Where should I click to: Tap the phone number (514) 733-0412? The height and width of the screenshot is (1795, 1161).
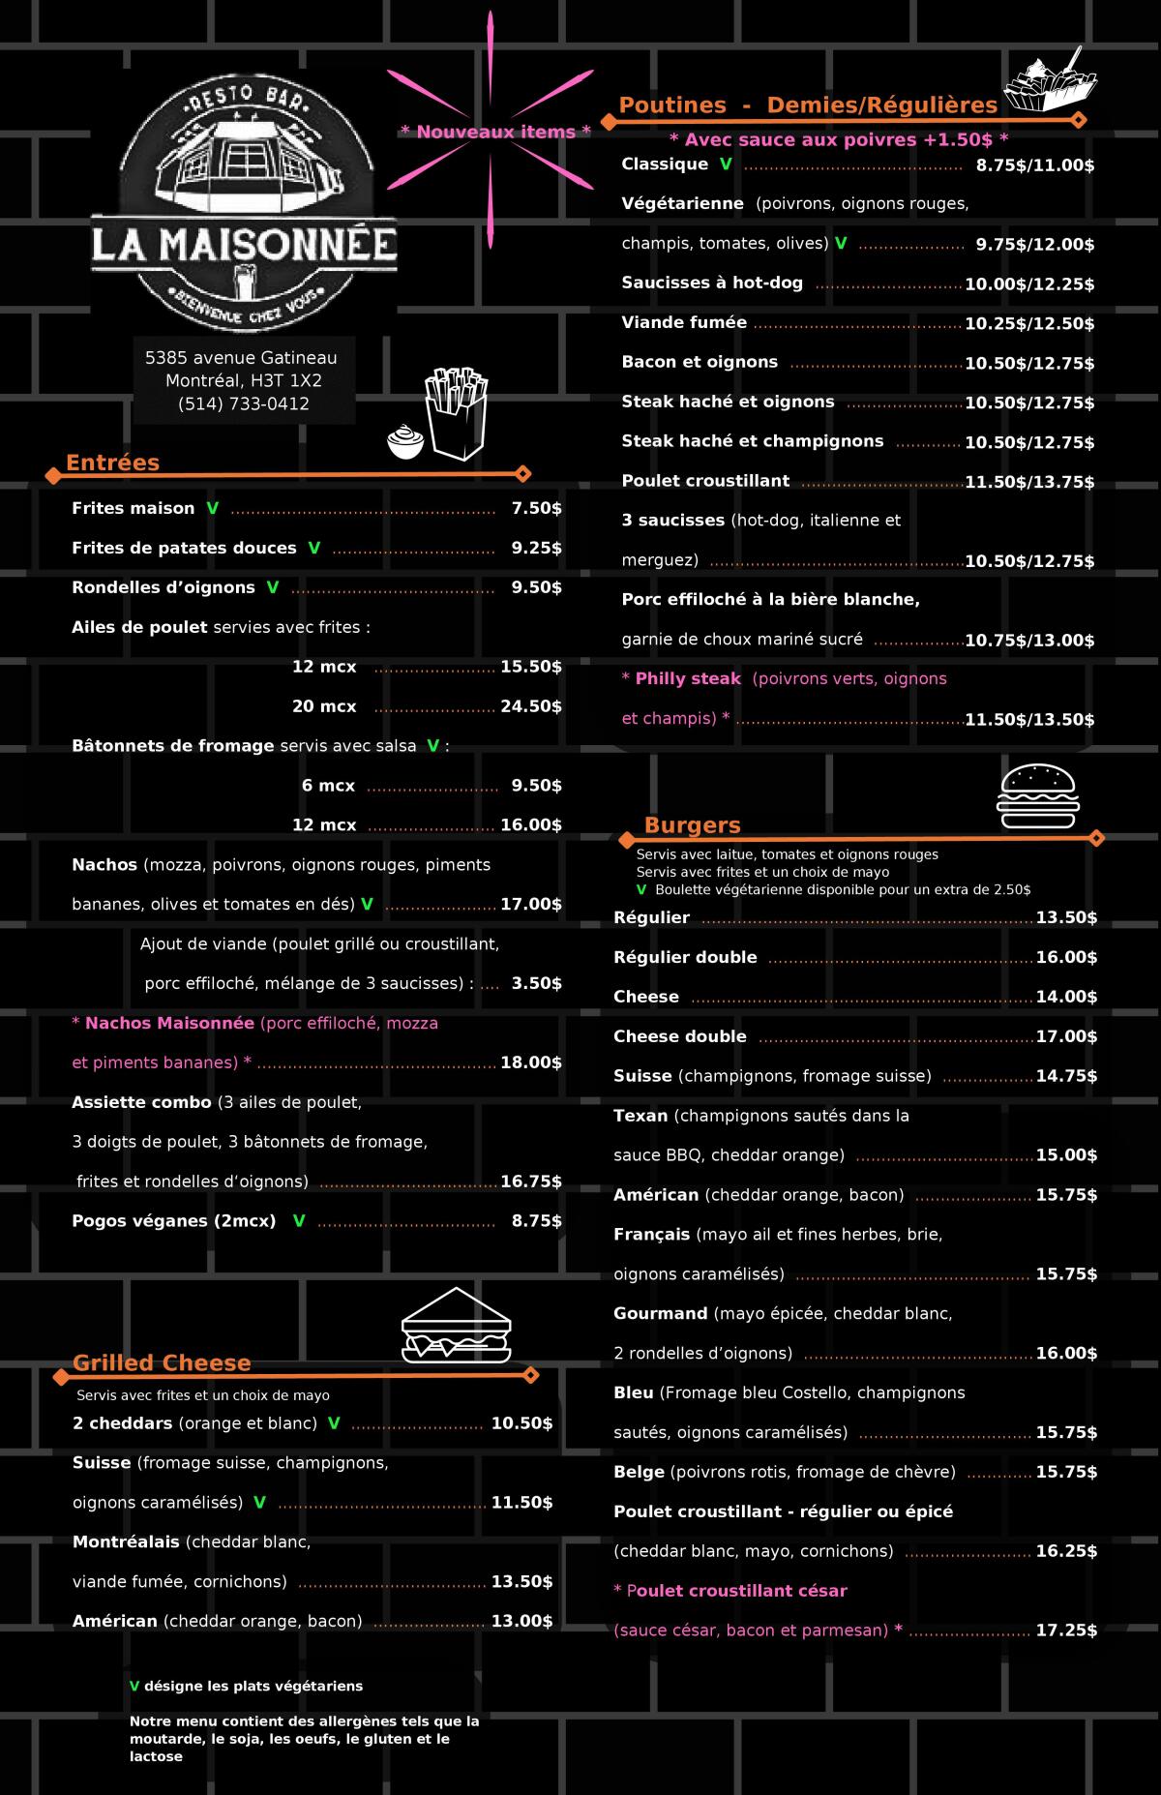click(244, 404)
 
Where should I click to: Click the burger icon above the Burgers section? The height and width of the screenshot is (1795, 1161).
click(1038, 796)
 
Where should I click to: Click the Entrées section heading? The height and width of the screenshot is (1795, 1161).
click(112, 463)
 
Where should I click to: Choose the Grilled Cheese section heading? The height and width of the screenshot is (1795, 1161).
click(162, 1362)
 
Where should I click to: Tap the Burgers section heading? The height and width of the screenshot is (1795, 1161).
click(693, 825)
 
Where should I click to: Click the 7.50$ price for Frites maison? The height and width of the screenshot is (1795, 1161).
click(536, 509)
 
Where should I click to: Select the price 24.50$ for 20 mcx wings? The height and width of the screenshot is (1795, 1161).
click(530, 706)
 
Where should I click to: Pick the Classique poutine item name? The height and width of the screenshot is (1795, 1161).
click(665, 165)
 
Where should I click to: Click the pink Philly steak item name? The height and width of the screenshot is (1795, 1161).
click(688, 679)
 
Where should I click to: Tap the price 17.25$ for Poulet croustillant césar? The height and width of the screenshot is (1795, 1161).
click(1066, 1630)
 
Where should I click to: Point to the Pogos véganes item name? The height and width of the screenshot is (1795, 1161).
click(174, 1221)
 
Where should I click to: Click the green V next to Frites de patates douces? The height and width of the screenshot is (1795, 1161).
click(313, 548)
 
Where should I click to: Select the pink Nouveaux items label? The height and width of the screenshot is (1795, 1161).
click(494, 132)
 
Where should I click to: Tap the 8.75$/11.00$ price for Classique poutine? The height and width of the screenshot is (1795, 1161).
click(1034, 165)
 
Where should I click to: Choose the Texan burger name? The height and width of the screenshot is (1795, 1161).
click(640, 1116)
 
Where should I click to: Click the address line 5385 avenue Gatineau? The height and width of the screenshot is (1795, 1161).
click(241, 358)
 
